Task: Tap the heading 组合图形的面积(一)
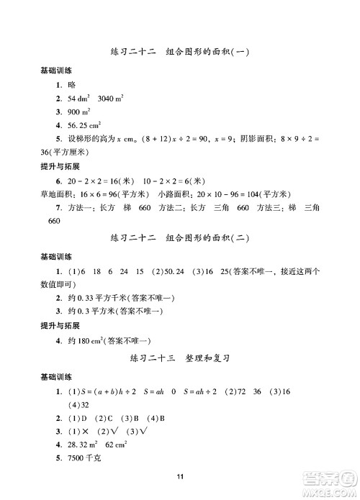point(207,51)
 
